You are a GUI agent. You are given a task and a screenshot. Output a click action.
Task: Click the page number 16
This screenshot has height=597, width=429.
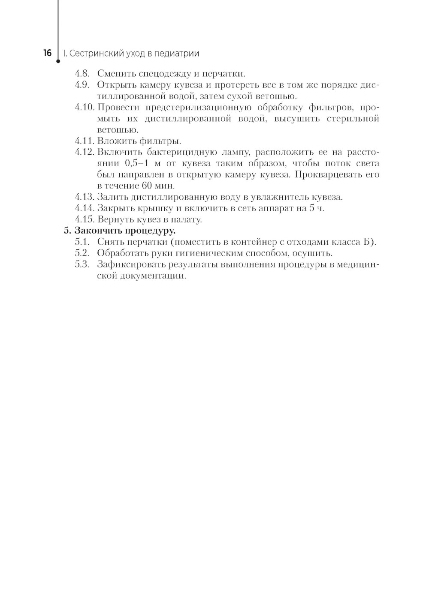tap(47, 54)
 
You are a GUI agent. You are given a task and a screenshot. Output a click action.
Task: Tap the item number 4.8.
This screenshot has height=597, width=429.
tap(82, 74)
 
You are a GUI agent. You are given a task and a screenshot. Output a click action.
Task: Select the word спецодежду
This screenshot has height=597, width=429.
tap(163, 74)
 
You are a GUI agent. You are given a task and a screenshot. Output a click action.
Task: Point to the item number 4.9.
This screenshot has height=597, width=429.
tap(82, 85)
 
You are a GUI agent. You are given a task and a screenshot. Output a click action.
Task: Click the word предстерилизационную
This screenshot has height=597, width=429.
tap(198, 107)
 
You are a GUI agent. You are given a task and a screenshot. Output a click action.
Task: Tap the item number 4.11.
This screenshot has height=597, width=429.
tap(84, 141)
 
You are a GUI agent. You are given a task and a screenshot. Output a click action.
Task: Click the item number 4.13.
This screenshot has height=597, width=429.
tap(84, 197)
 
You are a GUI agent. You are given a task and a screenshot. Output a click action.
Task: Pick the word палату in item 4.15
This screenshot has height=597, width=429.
tap(185, 219)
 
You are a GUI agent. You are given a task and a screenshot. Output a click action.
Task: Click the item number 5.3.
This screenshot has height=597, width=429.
tap(82, 264)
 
